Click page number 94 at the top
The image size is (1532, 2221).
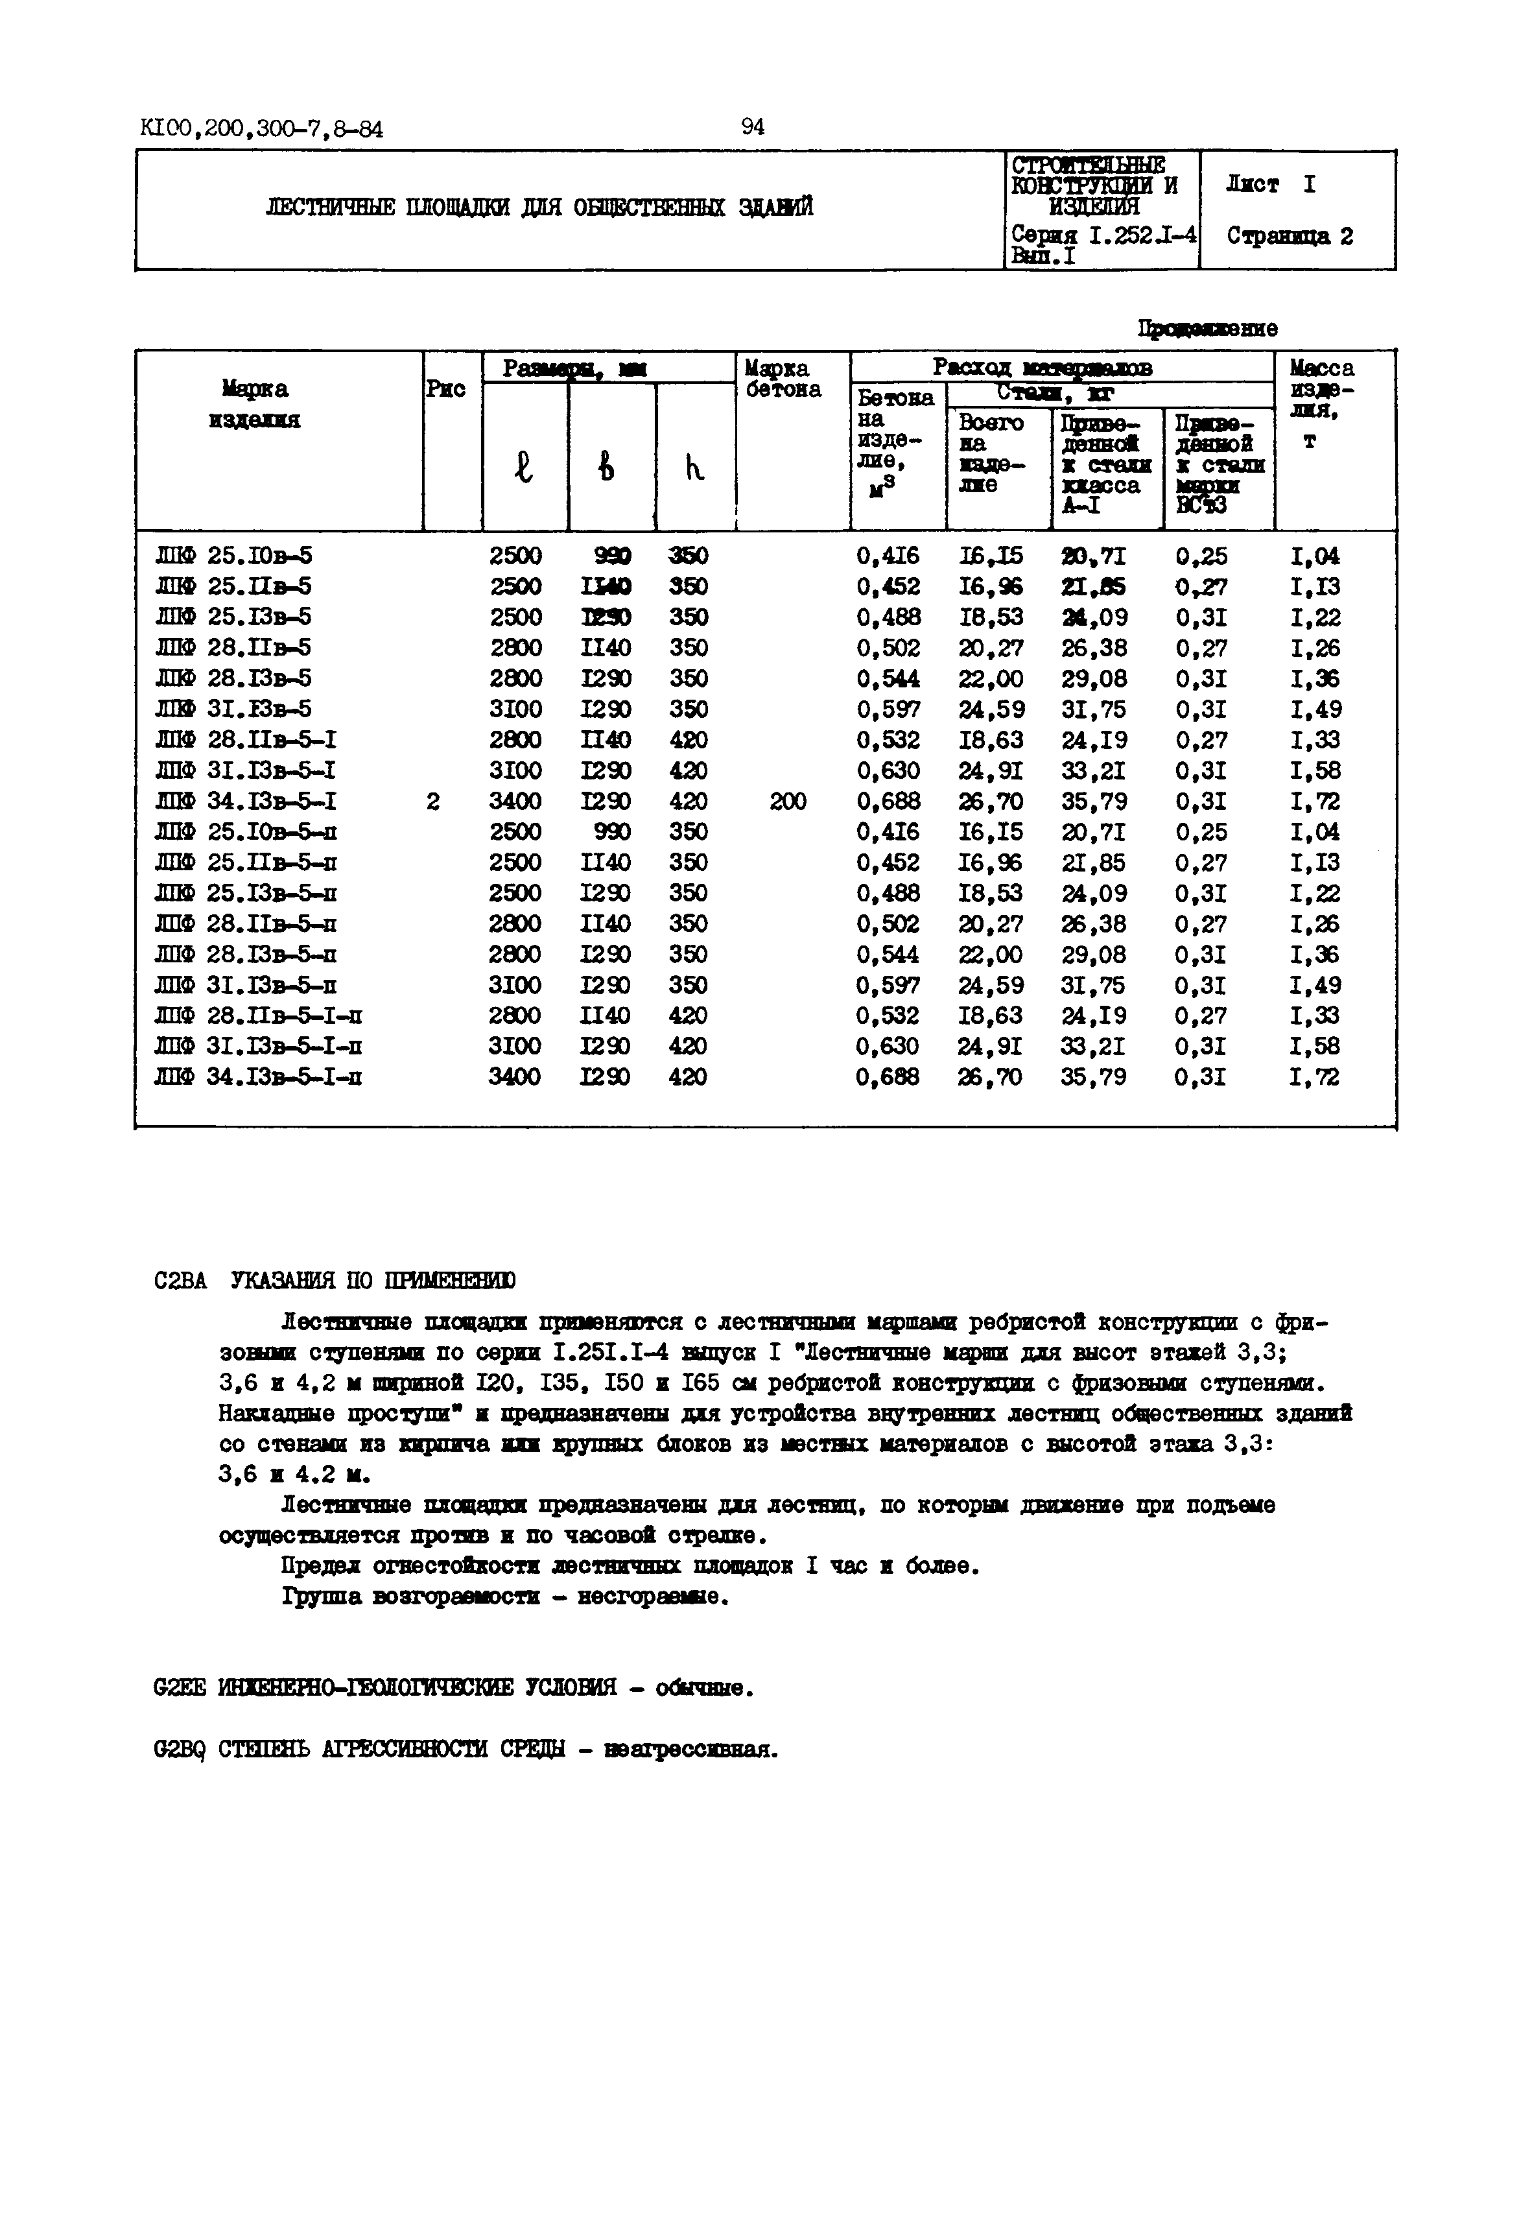tap(753, 126)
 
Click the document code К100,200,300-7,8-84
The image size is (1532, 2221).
tap(261, 128)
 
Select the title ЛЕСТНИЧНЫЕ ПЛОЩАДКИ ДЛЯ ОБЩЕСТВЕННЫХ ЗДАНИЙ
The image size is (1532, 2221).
tap(539, 208)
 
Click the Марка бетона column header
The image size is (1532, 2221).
tap(783, 379)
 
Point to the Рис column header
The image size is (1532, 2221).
tap(446, 388)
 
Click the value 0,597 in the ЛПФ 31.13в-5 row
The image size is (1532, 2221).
tap(888, 709)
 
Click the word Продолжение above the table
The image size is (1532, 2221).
tap(1208, 328)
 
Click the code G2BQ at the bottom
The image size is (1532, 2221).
tap(180, 1750)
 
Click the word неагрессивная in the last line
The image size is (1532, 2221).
tap(689, 1750)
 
